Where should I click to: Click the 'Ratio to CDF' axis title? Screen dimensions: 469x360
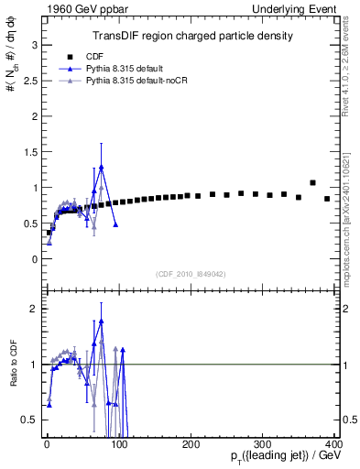12,365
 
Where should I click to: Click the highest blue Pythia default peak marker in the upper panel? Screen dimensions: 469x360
102,168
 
